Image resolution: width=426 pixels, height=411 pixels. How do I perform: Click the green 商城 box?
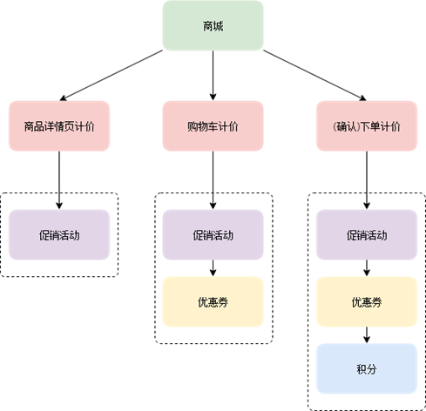pyautogui.click(x=213, y=25)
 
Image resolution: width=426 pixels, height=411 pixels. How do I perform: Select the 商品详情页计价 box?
pyautogui.click(x=59, y=126)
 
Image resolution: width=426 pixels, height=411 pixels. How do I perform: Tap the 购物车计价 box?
pyautogui.click(x=213, y=126)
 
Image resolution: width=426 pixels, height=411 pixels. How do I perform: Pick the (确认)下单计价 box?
pyautogui.click(x=367, y=126)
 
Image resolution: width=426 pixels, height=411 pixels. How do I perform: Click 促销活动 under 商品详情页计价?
pyautogui.click(x=59, y=235)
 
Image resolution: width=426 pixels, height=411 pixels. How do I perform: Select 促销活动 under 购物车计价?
pyautogui.click(x=213, y=235)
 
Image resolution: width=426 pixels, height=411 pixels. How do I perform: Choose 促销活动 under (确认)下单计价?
pyautogui.click(x=367, y=235)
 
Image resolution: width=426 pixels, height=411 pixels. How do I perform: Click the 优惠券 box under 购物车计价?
pyautogui.click(x=213, y=302)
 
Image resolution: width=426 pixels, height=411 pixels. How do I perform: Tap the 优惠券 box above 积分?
pyautogui.click(x=367, y=302)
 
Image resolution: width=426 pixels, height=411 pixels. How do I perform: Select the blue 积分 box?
pyautogui.click(x=367, y=368)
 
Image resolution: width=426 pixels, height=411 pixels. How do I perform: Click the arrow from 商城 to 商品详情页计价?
pyautogui.click(x=112, y=76)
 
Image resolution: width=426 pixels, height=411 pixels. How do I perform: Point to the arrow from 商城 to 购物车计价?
pyautogui.click(x=213, y=76)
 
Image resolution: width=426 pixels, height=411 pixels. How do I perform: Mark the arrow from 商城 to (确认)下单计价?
pyautogui.click(x=314, y=76)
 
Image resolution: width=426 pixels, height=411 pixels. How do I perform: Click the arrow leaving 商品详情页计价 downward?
pyautogui.click(x=59, y=180)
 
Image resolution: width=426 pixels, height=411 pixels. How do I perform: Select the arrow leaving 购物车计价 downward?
pyautogui.click(x=213, y=180)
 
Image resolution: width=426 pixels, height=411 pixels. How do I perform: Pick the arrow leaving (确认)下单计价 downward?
pyautogui.click(x=367, y=180)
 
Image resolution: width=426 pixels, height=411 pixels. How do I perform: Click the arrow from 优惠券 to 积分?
pyautogui.click(x=367, y=335)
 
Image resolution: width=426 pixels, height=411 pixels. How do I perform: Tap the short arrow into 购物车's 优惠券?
pyautogui.click(x=213, y=268)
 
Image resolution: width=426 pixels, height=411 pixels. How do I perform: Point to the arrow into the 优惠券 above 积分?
pyautogui.click(x=367, y=268)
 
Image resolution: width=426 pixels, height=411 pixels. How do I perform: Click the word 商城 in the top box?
pyautogui.click(x=213, y=26)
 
